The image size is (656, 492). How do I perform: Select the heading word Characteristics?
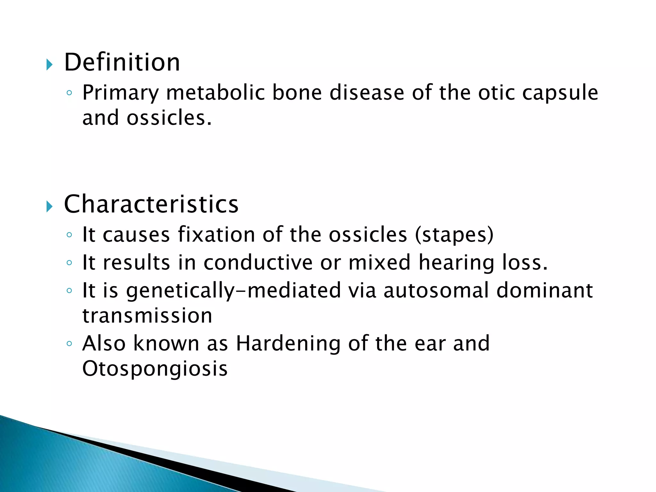click(151, 204)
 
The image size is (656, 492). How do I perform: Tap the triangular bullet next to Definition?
click(49, 65)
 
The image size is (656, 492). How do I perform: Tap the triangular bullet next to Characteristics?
click(49, 207)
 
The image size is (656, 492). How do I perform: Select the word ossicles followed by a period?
click(169, 118)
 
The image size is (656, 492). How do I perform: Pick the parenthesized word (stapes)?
click(454, 235)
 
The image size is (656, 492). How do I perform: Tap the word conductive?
click(258, 262)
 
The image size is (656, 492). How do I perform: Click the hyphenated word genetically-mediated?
click(234, 291)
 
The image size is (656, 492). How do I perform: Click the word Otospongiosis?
click(155, 369)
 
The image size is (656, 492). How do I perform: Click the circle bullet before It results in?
click(69, 263)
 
